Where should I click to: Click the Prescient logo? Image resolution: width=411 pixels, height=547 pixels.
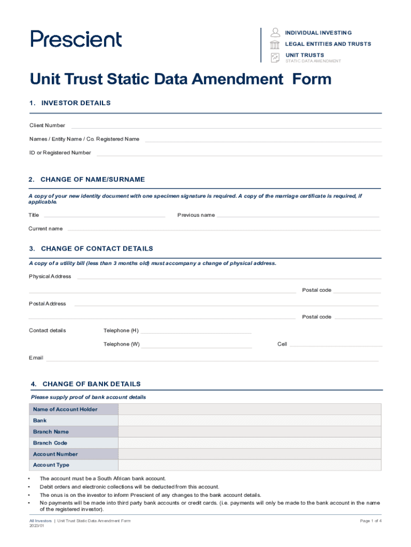[76, 39]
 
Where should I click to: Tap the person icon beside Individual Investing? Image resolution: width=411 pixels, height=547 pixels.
[275, 32]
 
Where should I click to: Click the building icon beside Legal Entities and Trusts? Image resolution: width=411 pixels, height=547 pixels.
[275, 44]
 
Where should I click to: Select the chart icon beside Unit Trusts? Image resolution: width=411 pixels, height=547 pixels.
[275, 57]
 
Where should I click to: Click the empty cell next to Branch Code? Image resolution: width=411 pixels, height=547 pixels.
[250, 443]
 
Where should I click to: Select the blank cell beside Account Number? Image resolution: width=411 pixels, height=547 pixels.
[250, 454]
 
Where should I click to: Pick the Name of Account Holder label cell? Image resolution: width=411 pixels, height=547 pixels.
[73, 410]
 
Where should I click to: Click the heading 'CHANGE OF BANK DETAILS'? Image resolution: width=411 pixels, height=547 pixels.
[91, 384]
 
